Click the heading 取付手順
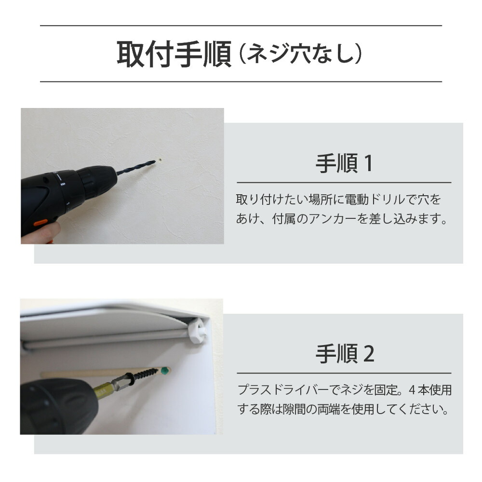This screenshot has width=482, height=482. point(174,54)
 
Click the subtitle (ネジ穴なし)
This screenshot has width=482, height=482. point(300,54)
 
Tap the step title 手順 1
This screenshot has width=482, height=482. point(344,163)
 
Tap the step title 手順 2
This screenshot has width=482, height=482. point(345,354)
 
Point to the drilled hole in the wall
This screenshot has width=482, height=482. point(160,160)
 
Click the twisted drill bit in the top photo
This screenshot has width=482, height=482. point(136,167)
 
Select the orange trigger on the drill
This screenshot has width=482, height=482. point(40,222)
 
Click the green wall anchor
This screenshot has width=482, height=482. point(165,370)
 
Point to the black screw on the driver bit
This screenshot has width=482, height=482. point(145,375)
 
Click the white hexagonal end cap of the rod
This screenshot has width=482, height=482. point(197,331)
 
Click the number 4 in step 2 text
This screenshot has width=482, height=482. point(412,390)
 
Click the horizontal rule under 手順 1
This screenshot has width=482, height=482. point(344,183)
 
